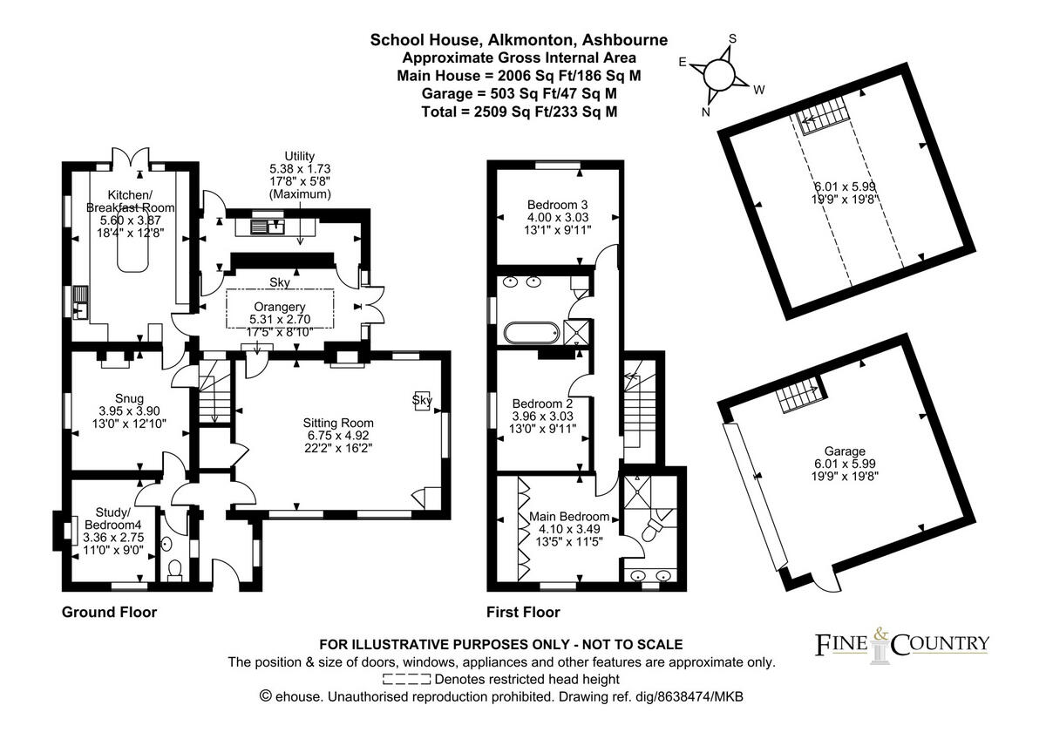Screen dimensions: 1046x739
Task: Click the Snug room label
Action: (129, 398)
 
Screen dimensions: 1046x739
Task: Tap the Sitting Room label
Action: (338, 423)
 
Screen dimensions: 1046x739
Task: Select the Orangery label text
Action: (279, 307)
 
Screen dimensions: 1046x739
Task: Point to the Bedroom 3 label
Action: (557, 205)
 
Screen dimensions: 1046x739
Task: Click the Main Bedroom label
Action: (568, 516)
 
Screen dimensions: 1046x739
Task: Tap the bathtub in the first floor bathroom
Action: (532, 333)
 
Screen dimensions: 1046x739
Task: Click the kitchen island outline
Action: (133, 250)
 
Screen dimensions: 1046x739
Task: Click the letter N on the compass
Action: (705, 112)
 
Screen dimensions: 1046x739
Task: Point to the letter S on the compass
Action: (733, 38)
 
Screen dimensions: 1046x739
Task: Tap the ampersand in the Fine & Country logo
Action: (880, 634)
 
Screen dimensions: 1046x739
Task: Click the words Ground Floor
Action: (109, 612)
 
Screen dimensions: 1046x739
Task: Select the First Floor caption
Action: (523, 612)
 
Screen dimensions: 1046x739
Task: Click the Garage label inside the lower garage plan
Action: (845, 451)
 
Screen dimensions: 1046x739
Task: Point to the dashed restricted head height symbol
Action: (406, 679)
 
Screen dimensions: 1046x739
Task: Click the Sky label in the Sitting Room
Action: (422, 400)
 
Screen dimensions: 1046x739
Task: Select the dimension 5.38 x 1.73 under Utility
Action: (300, 168)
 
